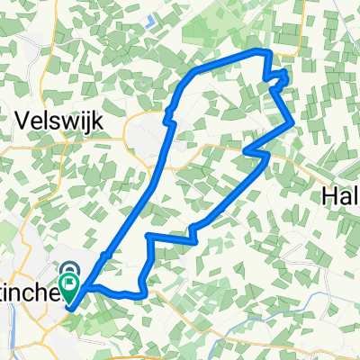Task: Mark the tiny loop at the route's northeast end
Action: click(280, 78)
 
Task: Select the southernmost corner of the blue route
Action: click(141, 294)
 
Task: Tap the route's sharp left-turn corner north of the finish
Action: click(147, 236)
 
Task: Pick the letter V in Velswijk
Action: click(23, 120)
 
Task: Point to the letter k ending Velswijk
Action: click(99, 120)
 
